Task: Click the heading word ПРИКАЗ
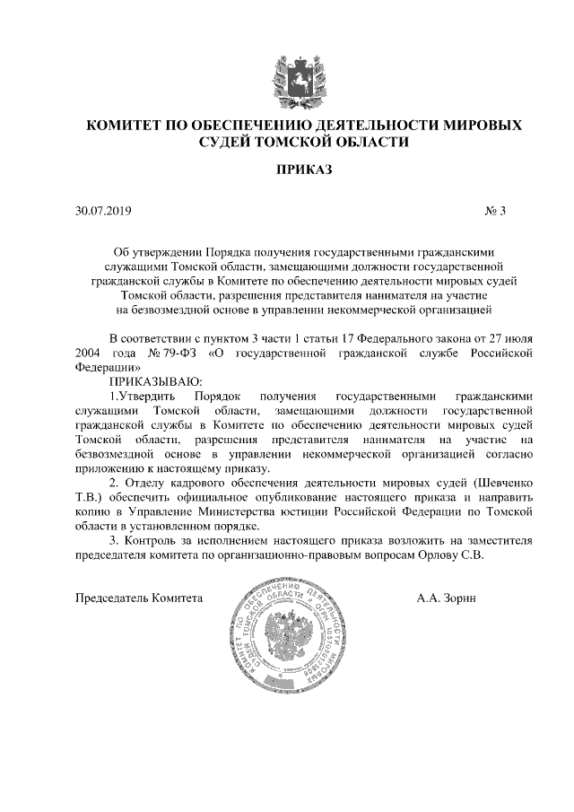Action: click(x=287, y=170)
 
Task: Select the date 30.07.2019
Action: click(x=104, y=212)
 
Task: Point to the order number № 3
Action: click(x=496, y=212)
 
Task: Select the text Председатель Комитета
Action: click(x=139, y=598)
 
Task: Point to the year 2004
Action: click(x=90, y=354)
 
